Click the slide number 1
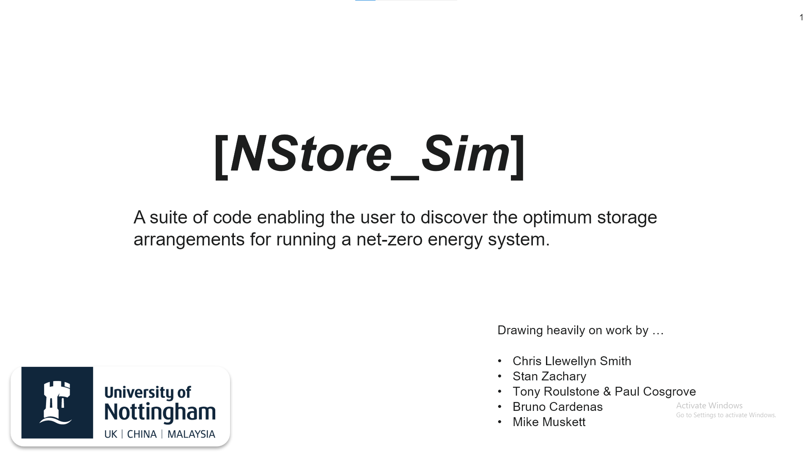(x=801, y=17)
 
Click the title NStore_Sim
(x=370, y=154)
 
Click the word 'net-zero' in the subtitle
(x=389, y=240)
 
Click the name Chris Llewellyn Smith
(x=572, y=361)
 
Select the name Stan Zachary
(x=549, y=376)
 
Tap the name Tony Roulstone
(x=556, y=391)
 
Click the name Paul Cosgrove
(x=655, y=391)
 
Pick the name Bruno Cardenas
(x=557, y=407)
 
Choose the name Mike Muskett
(x=549, y=422)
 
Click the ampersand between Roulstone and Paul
(x=607, y=391)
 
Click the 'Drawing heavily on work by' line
(x=581, y=330)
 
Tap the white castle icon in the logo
(x=55, y=402)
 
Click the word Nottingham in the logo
(x=160, y=411)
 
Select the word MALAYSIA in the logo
(x=191, y=434)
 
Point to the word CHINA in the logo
(x=142, y=434)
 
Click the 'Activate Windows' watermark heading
(x=709, y=405)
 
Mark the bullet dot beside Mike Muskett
(x=500, y=422)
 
